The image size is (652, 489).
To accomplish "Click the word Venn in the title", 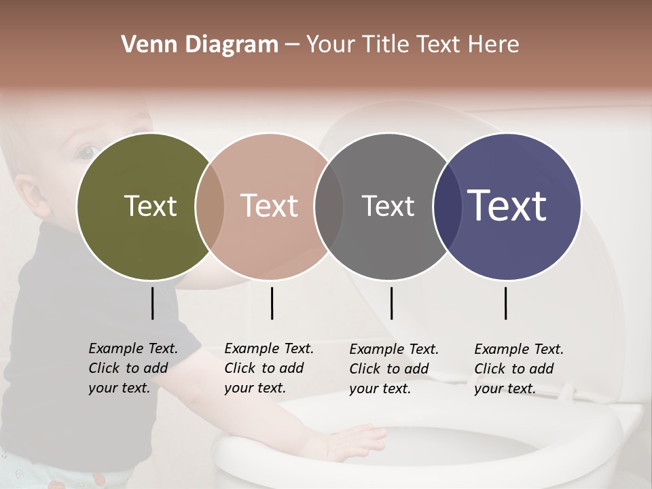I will pyautogui.click(x=144, y=45).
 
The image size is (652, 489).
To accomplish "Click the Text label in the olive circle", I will pyautogui.click(x=150, y=206).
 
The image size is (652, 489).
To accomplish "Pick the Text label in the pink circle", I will pyautogui.click(x=270, y=206).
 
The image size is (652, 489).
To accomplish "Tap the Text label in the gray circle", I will pyautogui.click(x=388, y=206).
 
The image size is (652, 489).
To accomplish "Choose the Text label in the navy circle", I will pyautogui.click(x=507, y=206).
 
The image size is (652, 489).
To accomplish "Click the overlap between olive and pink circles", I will pyautogui.click(x=210, y=206).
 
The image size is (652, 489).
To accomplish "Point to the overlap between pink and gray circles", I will pyautogui.click(x=329, y=206).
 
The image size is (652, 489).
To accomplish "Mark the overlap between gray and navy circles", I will pyautogui.click(x=447, y=206).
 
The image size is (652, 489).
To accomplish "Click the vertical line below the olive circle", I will pyautogui.click(x=153, y=303).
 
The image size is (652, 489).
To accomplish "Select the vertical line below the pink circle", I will pyautogui.click(x=272, y=303).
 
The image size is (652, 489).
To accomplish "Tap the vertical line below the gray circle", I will pyautogui.click(x=391, y=303).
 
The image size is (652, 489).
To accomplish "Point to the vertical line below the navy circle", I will pyautogui.click(x=506, y=303).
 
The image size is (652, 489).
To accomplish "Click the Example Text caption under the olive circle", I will pyautogui.click(x=133, y=368).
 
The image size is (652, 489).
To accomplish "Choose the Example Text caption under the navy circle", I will pyautogui.click(x=519, y=369).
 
